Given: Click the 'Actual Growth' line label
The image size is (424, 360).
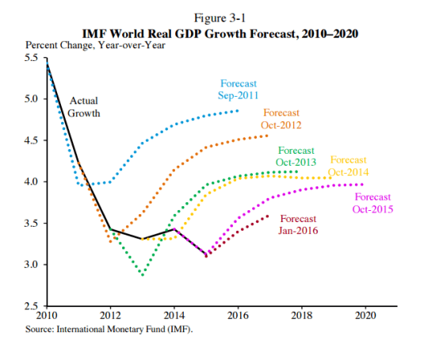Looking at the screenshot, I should point(84,107).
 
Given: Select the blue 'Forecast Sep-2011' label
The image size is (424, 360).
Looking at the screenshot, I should point(239,89).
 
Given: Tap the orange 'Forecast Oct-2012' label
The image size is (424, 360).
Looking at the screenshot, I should point(281,119).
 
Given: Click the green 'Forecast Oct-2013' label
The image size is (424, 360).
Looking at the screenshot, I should point(296,155).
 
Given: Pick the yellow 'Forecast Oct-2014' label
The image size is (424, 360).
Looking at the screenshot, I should point(349,166).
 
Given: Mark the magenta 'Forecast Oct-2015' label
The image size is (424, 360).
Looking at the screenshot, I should point(374,202).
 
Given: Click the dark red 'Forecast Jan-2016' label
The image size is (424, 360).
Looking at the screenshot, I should point(297,224).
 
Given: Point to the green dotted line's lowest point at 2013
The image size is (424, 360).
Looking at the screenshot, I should point(143,275).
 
